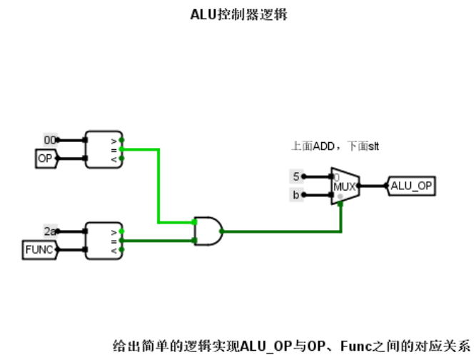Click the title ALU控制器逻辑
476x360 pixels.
coord(238,14)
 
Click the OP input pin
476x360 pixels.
coord(45,159)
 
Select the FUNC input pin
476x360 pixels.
coord(39,249)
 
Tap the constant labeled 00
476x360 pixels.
coord(49,140)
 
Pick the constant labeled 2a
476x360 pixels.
coord(49,231)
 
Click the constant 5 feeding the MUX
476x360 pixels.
coord(296,176)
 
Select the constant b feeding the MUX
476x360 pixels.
coord(296,194)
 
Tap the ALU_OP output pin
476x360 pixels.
coord(411,186)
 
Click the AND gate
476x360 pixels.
coord(208,231)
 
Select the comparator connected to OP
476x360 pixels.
coord(103,149)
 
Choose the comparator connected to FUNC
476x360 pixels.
coord(103,240)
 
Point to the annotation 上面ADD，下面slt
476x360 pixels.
coord(335,146)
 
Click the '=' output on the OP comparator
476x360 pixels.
coord(122,149)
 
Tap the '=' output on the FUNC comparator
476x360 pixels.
coord(122,241)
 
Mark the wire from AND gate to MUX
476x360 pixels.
coord(285,231)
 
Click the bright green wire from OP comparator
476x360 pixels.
coord(158,186)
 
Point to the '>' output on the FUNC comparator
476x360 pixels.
coord(122,231)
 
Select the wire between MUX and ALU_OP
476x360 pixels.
coord(373,186)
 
